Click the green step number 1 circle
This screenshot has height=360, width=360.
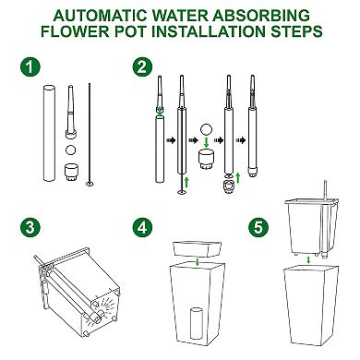tap(30, 67)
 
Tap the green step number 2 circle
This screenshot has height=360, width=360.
tap(142, 67)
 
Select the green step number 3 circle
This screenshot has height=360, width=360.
tap(30, 228)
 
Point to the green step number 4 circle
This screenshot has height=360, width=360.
tap(142, 228)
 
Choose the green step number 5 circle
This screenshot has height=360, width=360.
tap(258, 228)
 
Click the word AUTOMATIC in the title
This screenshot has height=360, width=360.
tap(101, 16)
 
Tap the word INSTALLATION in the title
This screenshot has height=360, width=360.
tap(209, 31)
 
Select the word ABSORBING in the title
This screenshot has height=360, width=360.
tap(265, 16)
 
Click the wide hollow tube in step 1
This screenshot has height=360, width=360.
tap(49, 133)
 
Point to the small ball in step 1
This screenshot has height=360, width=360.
tap(71, 150)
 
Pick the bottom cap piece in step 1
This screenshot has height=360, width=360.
tap(71, 172)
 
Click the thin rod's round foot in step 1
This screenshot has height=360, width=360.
tap(90, 184)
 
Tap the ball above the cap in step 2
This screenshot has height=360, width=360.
tap(206, 129)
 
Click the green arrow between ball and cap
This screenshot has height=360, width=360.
tap(207, 142)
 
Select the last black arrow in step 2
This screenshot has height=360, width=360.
tap(241, 140)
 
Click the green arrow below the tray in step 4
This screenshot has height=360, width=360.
tap(198, 262)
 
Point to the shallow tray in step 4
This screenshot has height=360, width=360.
tap(198, 249)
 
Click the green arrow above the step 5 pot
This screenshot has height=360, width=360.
tap(308, 260)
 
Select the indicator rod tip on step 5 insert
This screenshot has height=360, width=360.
tap(326, 183)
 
